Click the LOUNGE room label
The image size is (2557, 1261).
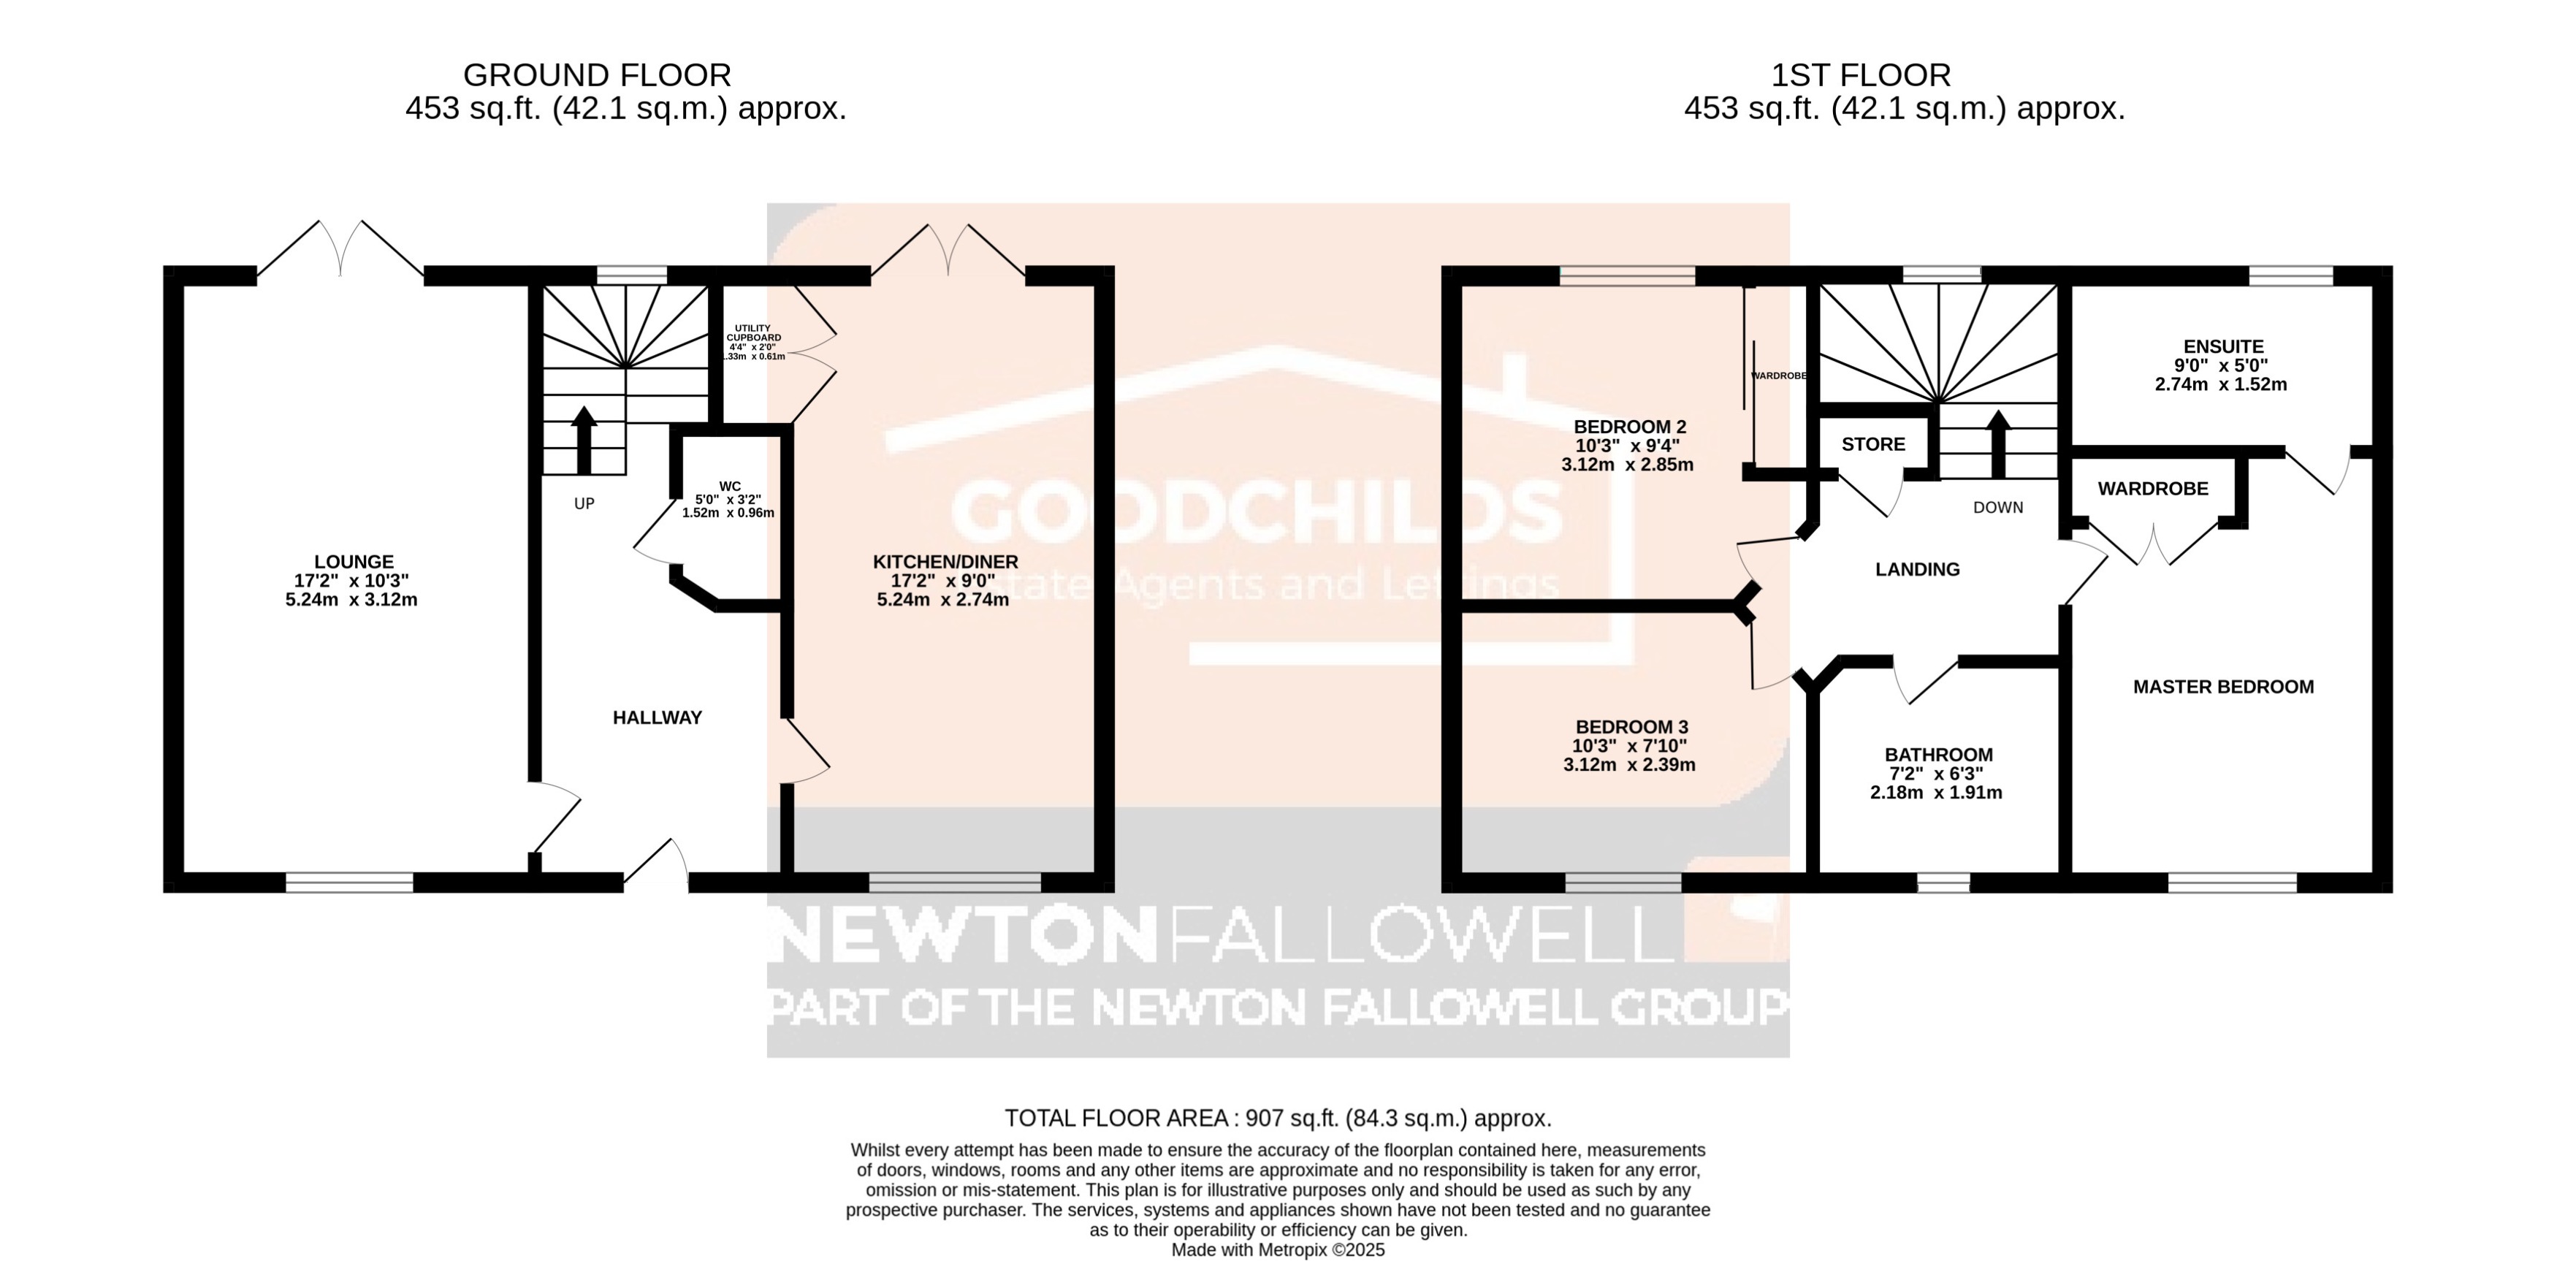pyautogui.click(x=354, y=562)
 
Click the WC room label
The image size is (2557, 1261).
pyautogui.click(x=730, y=487)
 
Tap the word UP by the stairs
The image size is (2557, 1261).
pyautogui.click(x=584, y=503)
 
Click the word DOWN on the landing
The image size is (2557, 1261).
pyautogui.click(x=1997, y=507)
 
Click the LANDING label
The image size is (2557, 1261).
pyautogui.click(x=1917, y=570)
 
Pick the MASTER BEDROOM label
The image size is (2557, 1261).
pyautogui.click(x=2222, y=687)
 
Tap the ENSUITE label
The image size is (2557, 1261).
pyautogui.click(x=2223, y=346)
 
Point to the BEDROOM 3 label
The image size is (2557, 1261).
pyautogui.click(x=1631, y=727)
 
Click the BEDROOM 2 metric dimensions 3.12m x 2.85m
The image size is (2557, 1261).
pyautogui.click(x=1627, y=465)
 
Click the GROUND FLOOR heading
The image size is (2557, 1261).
pyautogui.click(x=597, y=75)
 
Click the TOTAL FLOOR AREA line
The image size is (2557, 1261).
pyautogui.click(x=1278, y=1118)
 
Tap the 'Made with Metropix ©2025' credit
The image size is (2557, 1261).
pyautogui.click(x=1278, y=1250)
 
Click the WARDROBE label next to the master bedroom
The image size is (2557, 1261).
pyautogui.click(x=2152, y=489)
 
